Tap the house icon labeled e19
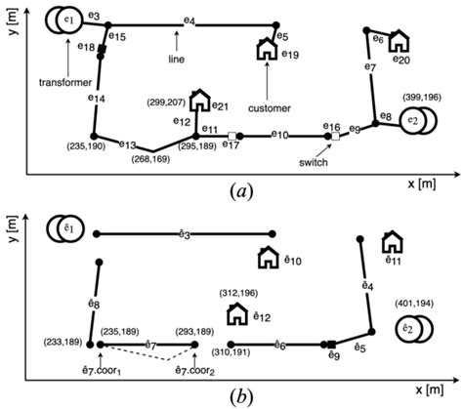[x=266, y=50]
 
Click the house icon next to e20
[x=400, y=41]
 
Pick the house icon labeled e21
[x=199, y=100]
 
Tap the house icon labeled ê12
[x=235, y=313]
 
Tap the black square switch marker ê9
[x=332, y=345]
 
